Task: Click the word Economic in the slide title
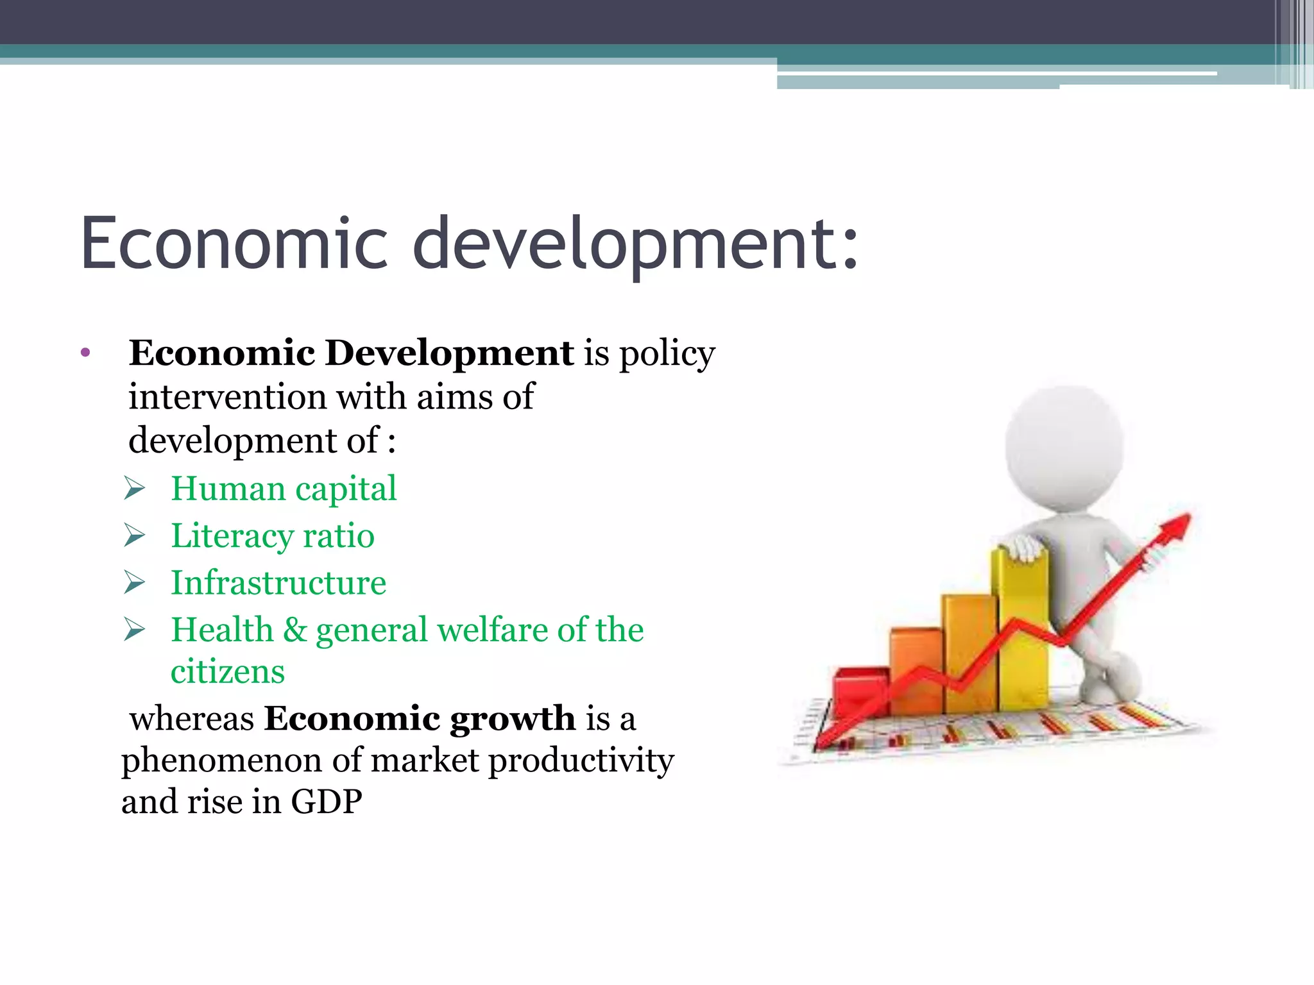[x=234, y=244]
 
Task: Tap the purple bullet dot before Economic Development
[x=86, y=353]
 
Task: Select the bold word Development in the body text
[x=449, y=353]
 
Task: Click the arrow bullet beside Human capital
[x=135, y=489]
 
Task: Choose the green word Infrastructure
[x=278, y=582]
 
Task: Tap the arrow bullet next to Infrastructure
[x=135, y=582]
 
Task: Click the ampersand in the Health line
[x=295, y=630]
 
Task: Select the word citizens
[x=227, y=672]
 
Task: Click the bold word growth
[x=512, y=720]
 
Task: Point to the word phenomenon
[x=221, y=761]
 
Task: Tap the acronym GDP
[x=326, y=802]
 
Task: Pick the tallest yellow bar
[x=1020, y=632]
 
